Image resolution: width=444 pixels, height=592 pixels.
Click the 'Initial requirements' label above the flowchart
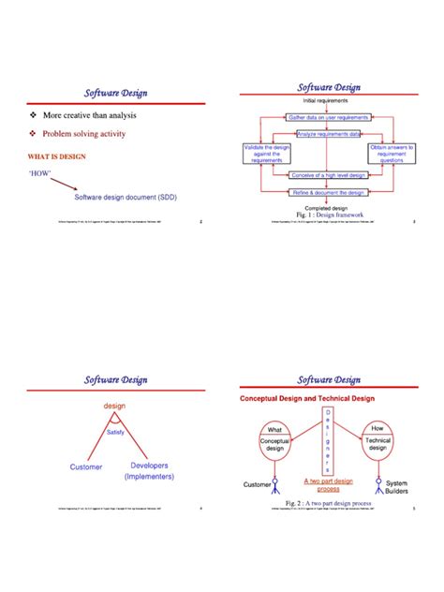coord(326,100)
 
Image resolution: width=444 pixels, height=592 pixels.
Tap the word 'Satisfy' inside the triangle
coord(116,432)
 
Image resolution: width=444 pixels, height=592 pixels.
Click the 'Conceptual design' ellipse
coord(274,443)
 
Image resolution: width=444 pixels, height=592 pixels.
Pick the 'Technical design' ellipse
coord(377,442)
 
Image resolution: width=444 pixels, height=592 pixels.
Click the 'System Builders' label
coord(397,488)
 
